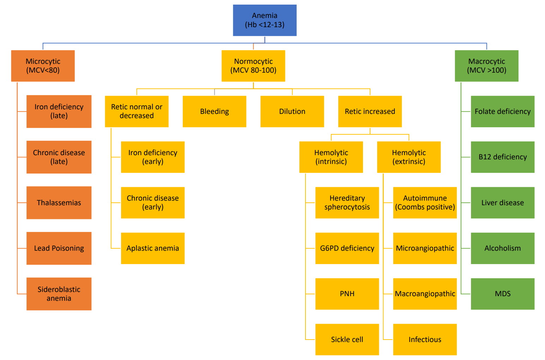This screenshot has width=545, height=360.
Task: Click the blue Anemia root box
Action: click(x=265, y=20)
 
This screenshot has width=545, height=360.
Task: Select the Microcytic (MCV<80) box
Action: click(x=43, y=66)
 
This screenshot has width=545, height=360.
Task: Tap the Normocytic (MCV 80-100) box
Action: click(x=253, y=66)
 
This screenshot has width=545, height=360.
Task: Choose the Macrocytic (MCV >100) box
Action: click(x=486, y=66)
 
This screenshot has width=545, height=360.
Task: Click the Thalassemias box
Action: click(x=59, y=203)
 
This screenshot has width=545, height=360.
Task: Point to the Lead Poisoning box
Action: click(x=59, y=248)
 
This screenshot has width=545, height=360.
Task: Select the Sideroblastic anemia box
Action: click(x=59, y=294)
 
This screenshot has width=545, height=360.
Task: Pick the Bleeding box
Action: click(x=214, y=111)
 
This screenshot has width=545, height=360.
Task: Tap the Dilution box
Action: click(x=292, y=111)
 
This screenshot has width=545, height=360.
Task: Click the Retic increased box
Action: click(x=370, y=111)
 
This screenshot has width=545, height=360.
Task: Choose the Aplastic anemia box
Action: click(x=153, y=248)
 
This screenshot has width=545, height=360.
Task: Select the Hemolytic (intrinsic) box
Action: click(x=331, y=157)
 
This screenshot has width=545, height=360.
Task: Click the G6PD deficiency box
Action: click(x=347, y=248)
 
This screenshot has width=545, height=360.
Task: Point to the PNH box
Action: click(x=347, y=294)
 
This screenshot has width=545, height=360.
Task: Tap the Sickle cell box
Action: click(x=347, y=339)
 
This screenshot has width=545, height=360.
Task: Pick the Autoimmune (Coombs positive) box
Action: click(x=425, y=203)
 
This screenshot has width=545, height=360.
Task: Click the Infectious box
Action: click(x=425, y=339)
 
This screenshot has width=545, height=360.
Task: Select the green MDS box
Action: click(x=503, y=294)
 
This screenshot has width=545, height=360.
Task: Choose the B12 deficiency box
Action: click(x=503, y=157)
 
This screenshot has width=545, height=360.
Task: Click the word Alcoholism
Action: click(x=503, y=248)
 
